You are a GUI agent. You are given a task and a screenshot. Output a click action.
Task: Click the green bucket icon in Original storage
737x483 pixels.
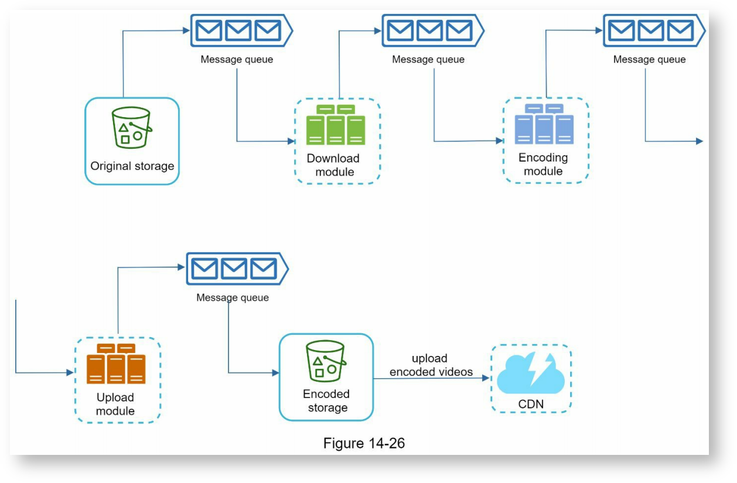(132, 128)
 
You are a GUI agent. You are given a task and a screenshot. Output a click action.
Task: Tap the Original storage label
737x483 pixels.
(132, 166)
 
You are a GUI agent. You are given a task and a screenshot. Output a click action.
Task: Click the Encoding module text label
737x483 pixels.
(543, 165)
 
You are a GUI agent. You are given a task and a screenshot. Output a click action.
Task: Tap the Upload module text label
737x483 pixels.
(115, 404)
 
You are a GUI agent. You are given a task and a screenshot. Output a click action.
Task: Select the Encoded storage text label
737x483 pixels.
(326, 401)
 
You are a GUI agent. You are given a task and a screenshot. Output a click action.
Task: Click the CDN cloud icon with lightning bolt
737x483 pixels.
(531, 375)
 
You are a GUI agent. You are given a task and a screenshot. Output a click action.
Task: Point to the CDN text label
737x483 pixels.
(531, 405)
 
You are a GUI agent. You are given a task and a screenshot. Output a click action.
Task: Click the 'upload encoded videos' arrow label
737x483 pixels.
(431, 365)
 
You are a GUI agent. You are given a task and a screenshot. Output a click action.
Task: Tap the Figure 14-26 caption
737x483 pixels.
(364, 443)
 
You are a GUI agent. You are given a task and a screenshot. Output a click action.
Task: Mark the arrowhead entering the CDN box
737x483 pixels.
(486, 378)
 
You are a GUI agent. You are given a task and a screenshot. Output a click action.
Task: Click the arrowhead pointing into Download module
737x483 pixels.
(291, 141)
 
